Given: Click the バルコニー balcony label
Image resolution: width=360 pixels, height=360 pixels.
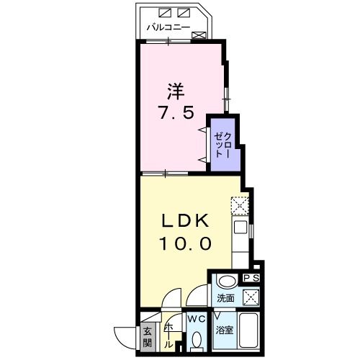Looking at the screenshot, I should click(168, 28).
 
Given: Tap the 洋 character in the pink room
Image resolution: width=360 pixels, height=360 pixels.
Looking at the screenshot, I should click(176, 91).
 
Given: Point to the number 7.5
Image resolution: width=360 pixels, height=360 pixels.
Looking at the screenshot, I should click(176, 113).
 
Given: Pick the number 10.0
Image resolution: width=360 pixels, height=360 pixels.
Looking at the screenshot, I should click(184, 243).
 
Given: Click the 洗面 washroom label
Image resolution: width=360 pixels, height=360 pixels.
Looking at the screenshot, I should click(223, 297).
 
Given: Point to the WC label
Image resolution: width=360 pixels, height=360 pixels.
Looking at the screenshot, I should click(197, 318).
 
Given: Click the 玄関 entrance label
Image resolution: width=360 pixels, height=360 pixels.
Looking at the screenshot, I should click(147, 336).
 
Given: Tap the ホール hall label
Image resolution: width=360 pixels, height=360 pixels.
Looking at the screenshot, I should click(168, 331).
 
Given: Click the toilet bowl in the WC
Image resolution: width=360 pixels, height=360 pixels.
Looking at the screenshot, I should click(197, 339).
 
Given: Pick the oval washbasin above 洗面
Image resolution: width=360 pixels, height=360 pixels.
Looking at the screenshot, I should click(226, 282).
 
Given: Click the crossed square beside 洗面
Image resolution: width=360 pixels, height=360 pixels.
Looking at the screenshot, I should click(251, 297).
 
